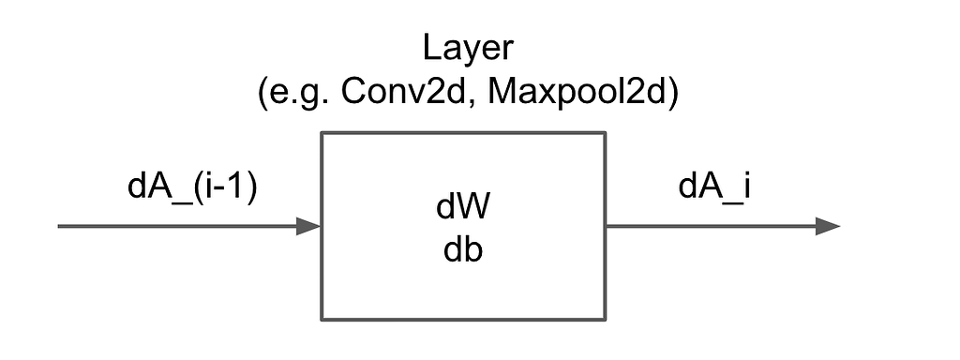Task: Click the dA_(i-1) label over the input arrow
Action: pyautogui.click(x=191, y=187)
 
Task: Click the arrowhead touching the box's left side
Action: pyautogui.click(x=309, y=226)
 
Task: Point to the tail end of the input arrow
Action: pyautogui.click(x=59, y=226)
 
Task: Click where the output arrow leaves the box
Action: pyautogui.click(x=607, y=226)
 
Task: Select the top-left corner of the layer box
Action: pyautogui.click(x=322, y=133)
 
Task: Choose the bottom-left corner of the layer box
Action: pyautogui.click(x=322, y=319)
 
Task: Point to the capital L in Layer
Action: pyautogui.click(x=430, y=50)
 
